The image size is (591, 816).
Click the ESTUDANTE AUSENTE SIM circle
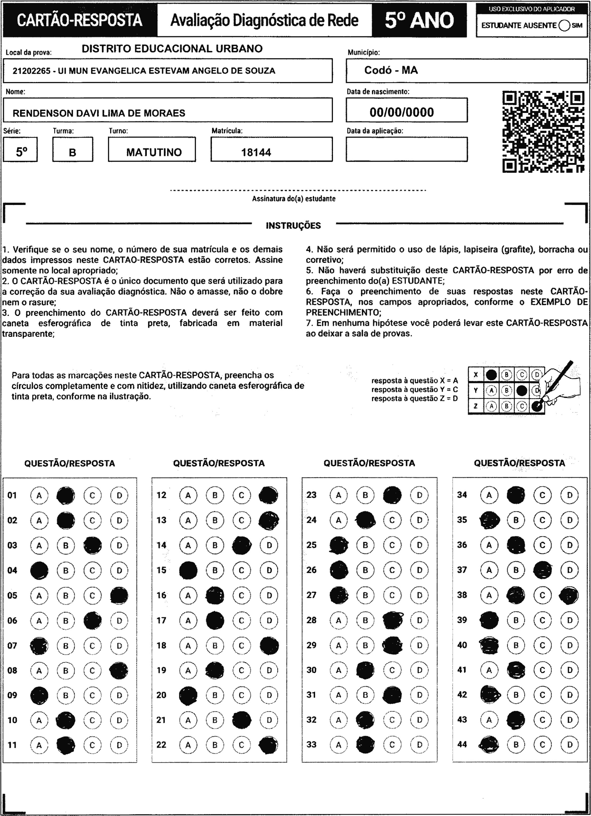click(564, 26)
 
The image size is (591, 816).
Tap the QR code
click(543, 132)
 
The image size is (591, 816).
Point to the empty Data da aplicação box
click(406, 149)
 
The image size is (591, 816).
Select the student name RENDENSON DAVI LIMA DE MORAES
click(99, 113)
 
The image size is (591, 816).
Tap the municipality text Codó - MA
click(391, 70)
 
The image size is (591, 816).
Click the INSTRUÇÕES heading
click(293, 225)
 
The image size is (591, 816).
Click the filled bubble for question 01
click(66, 495)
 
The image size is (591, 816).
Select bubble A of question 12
click(188, 495)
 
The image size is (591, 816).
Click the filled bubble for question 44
click(489, 745)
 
